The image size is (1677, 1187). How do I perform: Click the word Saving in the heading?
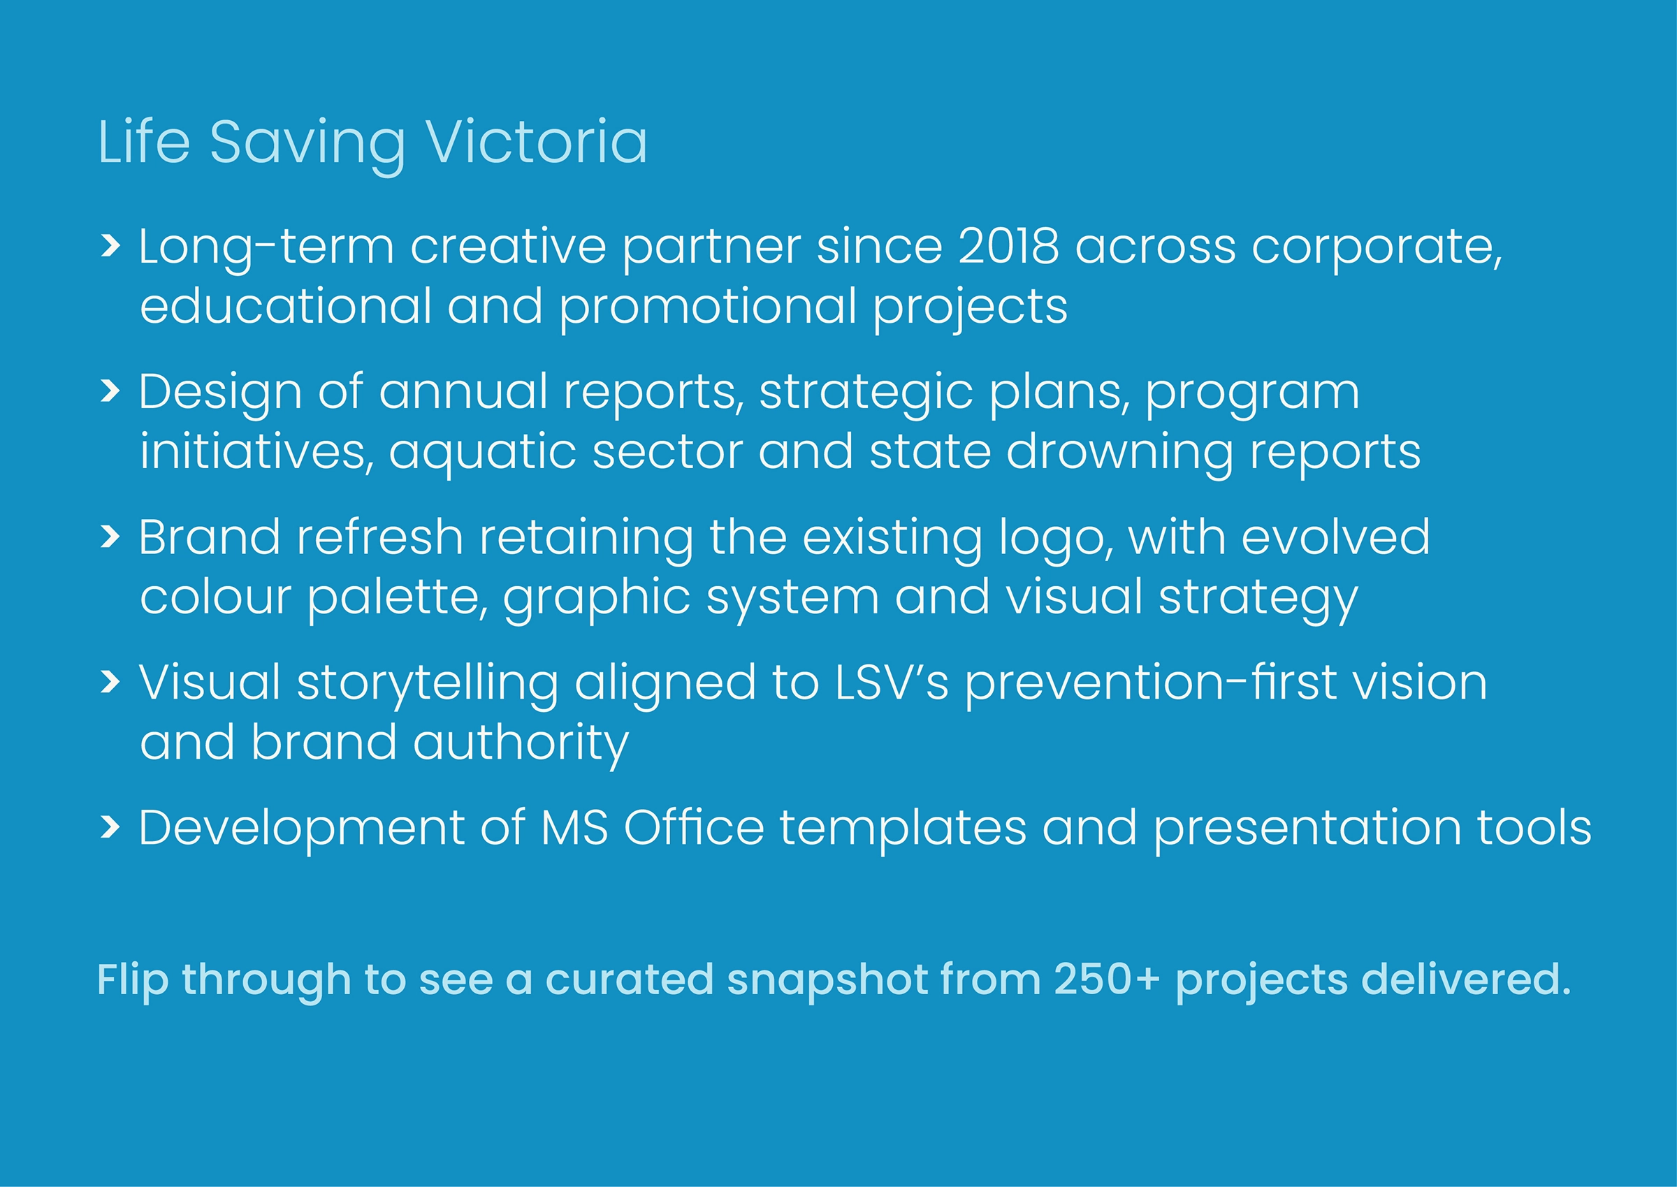[307, 145]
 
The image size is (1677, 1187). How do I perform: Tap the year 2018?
[1008, 246]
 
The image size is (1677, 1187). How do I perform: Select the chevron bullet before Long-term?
[110, 246]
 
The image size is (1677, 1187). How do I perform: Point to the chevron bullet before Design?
[110, 391]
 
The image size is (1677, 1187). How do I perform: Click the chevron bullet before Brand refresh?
[110, 537]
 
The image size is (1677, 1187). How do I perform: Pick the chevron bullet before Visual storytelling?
[110, 682]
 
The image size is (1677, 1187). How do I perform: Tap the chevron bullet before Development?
[110, 827]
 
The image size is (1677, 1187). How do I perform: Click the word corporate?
[1377, 250]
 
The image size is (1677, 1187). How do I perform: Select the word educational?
[285, 305]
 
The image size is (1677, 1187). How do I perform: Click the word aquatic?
[481, 456]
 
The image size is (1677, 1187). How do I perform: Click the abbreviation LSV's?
[892, 683]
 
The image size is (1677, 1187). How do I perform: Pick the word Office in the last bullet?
[694, 827]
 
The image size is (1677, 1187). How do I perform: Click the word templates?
[903, 832]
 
